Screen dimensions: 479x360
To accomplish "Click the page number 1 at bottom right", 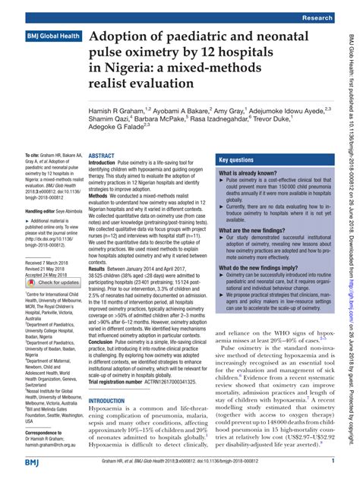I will [x=333, y=460].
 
